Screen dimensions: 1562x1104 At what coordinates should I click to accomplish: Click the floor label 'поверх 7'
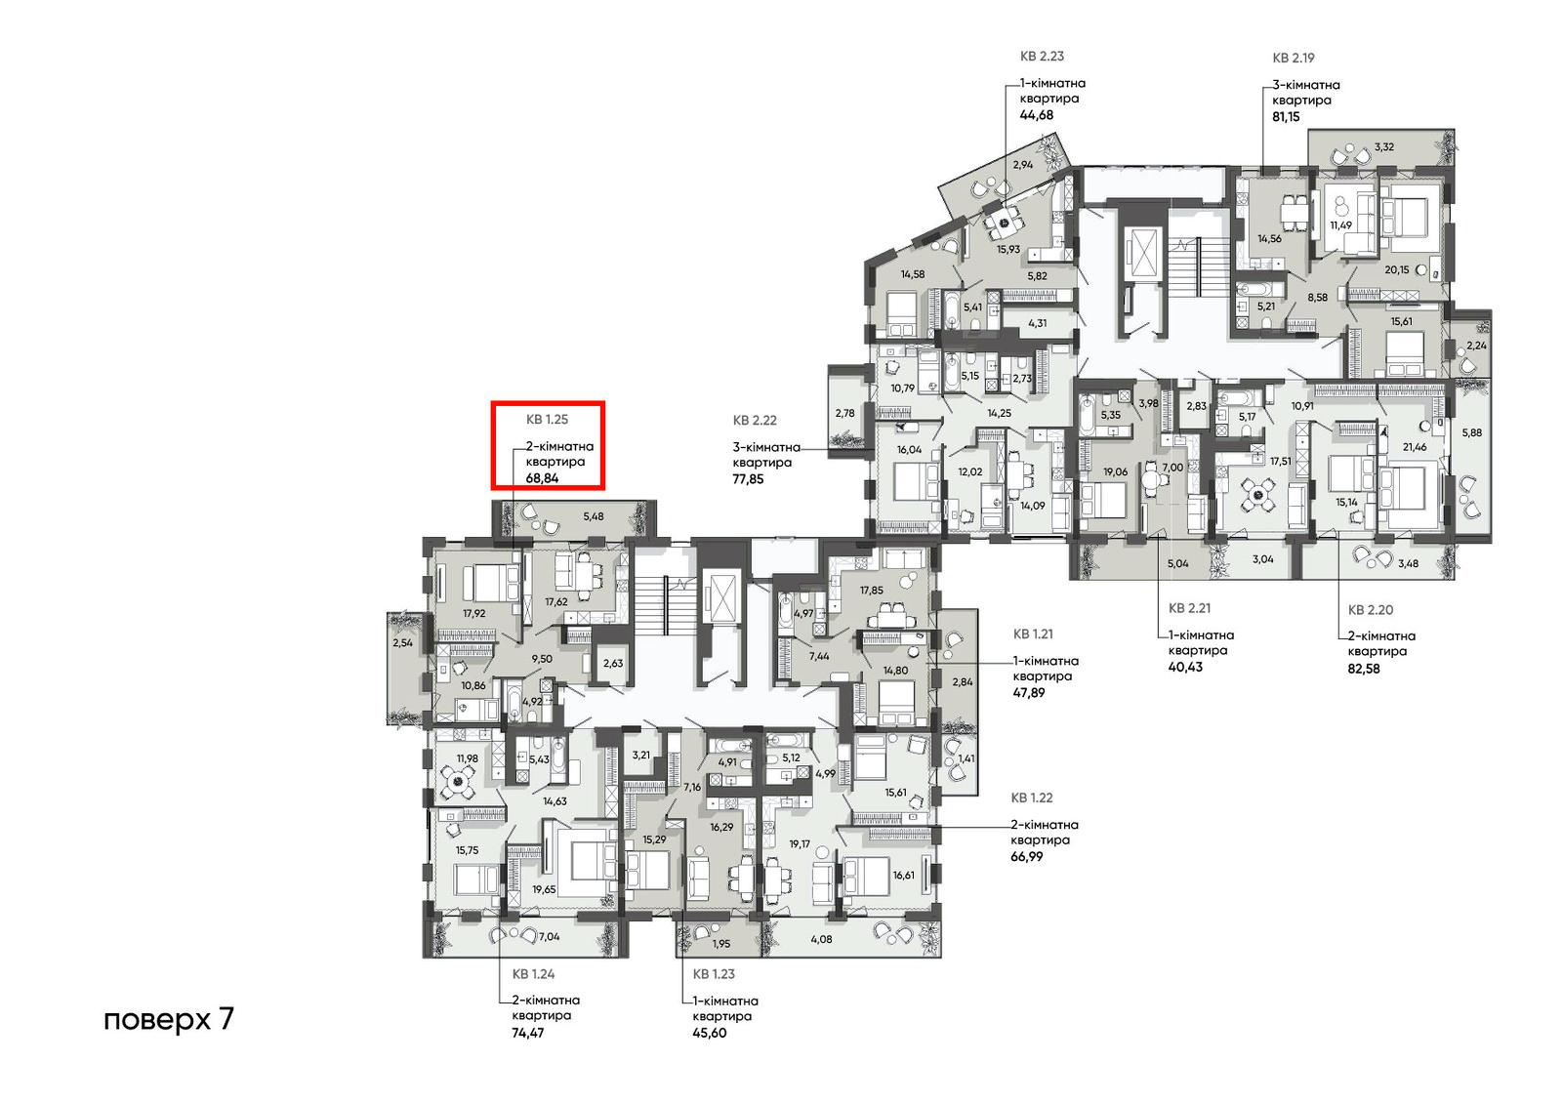(169, 1020)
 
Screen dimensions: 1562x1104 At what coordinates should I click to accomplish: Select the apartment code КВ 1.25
(547, 419)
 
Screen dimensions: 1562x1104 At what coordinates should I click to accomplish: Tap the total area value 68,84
(543, 479)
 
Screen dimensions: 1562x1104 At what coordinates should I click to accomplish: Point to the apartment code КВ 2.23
(1042, 56)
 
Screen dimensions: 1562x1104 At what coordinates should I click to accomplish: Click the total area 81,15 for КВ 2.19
(1286, 116)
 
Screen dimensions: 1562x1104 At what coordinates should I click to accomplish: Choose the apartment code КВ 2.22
(755, 420)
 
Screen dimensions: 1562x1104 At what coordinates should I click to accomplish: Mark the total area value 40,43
(1185, 667)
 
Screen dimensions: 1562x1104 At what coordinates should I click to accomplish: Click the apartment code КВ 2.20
(1371, 609)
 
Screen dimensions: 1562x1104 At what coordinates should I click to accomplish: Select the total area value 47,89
(1029, 692)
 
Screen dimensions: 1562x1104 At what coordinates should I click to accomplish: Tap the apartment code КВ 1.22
(1032, 797)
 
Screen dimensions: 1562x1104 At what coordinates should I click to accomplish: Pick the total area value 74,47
(528, 1032)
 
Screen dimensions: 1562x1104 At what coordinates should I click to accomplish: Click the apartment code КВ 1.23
(714, 973)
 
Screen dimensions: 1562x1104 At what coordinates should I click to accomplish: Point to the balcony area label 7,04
(549, 937)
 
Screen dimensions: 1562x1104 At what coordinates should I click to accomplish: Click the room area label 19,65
(544, 889)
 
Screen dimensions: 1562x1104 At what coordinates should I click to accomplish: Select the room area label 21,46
(1415, 447)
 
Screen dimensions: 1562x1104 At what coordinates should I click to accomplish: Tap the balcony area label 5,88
(1471, 432)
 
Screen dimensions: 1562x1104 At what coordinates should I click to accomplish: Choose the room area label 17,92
(474, 614)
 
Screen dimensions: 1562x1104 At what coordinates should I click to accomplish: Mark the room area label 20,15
(1397, 269)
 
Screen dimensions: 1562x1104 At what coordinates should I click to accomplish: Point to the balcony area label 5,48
(594, 516)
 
